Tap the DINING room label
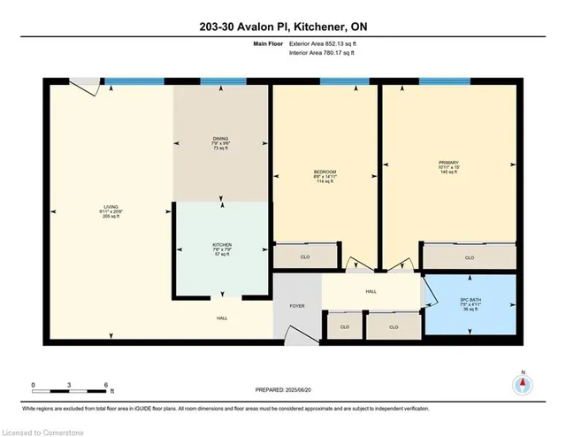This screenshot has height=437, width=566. tap(221, 138)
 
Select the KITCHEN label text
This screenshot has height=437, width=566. tap(221, 243)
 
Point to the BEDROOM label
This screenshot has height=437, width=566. tap(325, 171)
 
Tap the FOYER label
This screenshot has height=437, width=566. tap(296, 305)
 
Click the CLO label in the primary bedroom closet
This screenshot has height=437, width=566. tap(469, 257)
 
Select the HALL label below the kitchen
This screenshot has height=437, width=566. tap(221, 318)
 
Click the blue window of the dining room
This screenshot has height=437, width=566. tap(223, 82)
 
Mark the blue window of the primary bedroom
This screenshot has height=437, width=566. tap(444, 82)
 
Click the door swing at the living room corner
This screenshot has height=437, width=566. tap(86, 86)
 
